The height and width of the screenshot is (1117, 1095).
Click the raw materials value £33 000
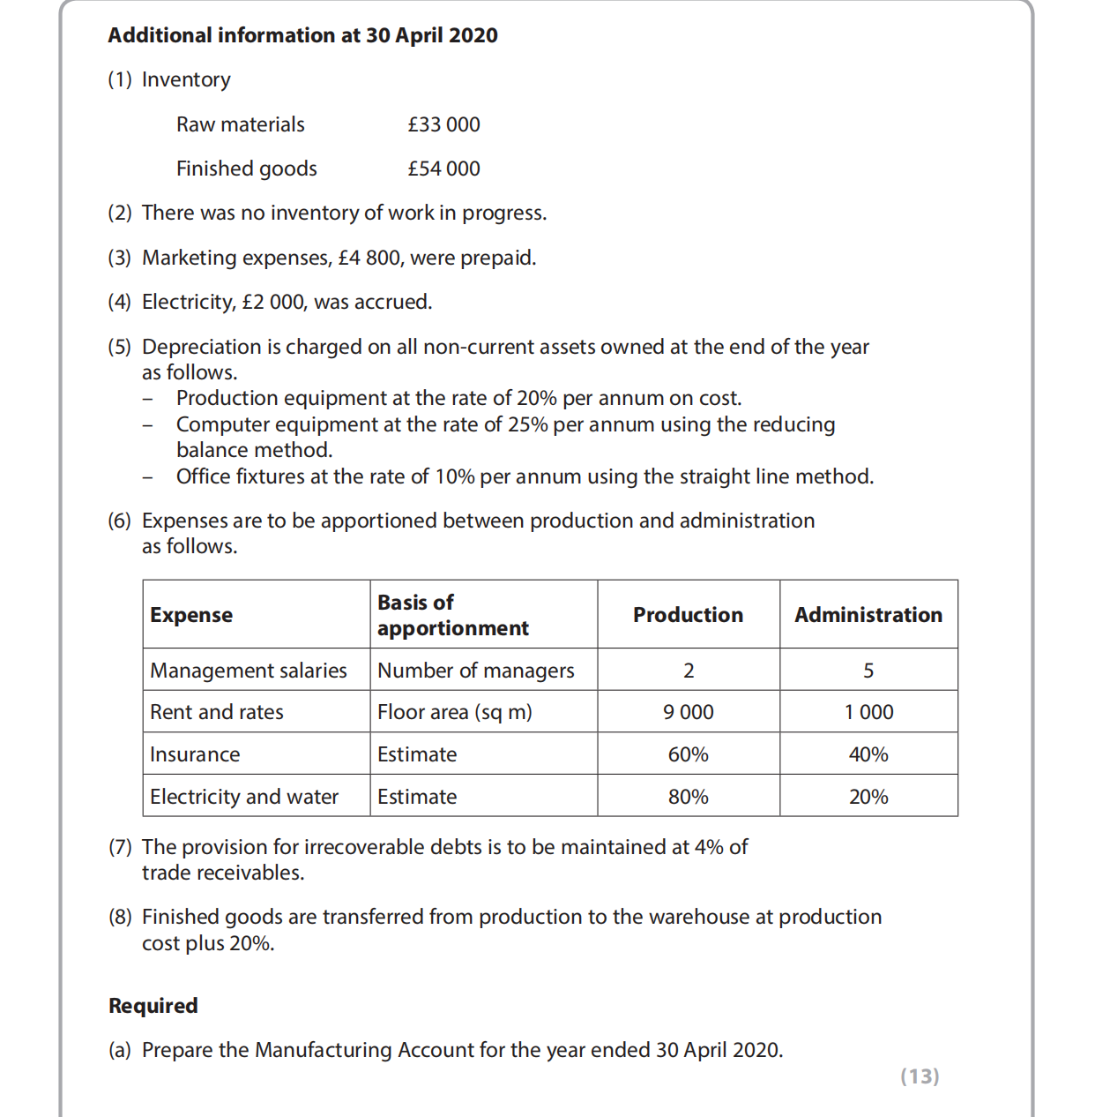[x=443, y=124]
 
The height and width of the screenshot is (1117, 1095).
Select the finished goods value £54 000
[x=443, y=169]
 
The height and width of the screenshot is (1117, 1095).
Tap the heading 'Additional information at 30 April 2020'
[x=302, y=35]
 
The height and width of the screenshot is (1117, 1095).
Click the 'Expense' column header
[x=191, y=615]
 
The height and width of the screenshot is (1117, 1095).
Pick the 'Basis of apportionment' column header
[x=452, y=615]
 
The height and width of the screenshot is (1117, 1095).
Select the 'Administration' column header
[x=868, y=615]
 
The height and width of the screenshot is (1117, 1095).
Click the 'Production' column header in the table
[x=688, y=615]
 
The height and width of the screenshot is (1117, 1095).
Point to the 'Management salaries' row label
[x=248, y=671]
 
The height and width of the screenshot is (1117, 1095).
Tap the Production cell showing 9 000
[x=688, y=712]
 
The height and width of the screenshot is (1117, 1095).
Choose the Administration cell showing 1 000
[x=868, y=712]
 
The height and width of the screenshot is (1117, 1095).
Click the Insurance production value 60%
[x=688, y=754]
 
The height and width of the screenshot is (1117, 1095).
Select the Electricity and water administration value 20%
[x=868, y=797]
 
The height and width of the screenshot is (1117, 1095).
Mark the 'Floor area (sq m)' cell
[x=454, y=712]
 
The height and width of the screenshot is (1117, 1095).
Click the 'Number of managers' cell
[x=475, y=671]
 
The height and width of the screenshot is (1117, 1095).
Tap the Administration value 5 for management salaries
[x=868, y=671]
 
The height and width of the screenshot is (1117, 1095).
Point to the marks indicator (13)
[x=920, y=1076]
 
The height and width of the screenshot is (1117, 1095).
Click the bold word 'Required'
[x=153, y=1006]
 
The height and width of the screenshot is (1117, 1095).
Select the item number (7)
[x=120, y=847]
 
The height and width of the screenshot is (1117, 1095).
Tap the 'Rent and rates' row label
[x=216, y=712]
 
